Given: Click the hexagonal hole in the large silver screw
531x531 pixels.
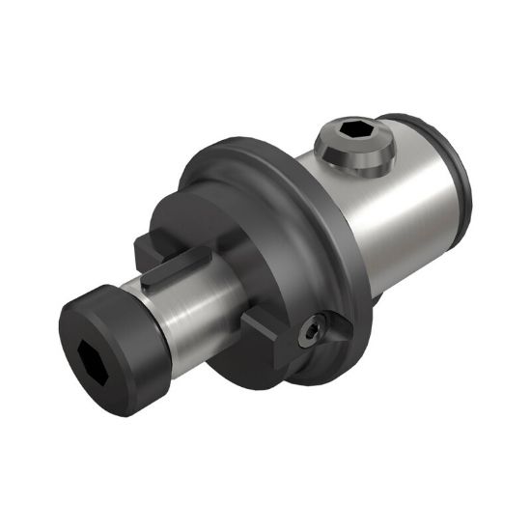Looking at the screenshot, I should click(x=351, y=131).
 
